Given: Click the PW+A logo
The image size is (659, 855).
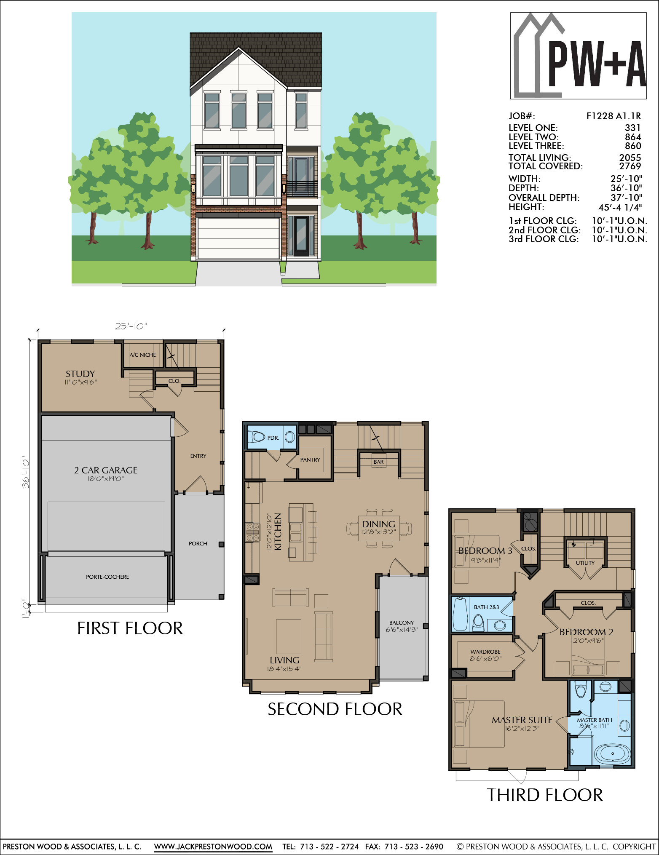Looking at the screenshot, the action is coord(578,56).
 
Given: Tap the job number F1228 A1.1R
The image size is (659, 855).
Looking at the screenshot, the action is coord(613,116).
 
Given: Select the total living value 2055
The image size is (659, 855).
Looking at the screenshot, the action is coord(630,158).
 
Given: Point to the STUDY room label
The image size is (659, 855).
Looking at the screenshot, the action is coord(80,374).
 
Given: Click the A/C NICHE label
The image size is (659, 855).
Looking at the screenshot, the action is coord(143,355).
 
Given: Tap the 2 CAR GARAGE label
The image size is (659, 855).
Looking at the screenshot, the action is coord(106,470).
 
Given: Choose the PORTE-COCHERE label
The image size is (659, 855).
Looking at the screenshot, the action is coord(107,577).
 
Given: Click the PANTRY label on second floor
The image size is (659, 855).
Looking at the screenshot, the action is coord(310,460).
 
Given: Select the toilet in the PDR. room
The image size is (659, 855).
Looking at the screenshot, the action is coord(257,437).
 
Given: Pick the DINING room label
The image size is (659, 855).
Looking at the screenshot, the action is coord(378,524).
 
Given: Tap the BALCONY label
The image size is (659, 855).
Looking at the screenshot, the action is coord(402,623).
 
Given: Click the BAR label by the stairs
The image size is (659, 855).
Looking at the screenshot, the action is coord(379,462).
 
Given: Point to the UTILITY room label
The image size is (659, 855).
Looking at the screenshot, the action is coord(585,563).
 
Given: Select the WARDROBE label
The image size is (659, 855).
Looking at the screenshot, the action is coord(485,652).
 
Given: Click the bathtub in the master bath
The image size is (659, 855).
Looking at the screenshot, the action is coord(612,754).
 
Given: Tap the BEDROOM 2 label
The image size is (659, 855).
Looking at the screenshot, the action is coord(587,632).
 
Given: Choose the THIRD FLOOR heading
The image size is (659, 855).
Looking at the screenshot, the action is coord(545,795).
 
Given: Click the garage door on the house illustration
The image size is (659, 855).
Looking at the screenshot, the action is coord(238,238).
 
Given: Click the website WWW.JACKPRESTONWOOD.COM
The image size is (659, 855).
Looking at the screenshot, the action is coord(213,847).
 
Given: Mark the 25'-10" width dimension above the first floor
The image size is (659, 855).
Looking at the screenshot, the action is coord(131,326).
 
